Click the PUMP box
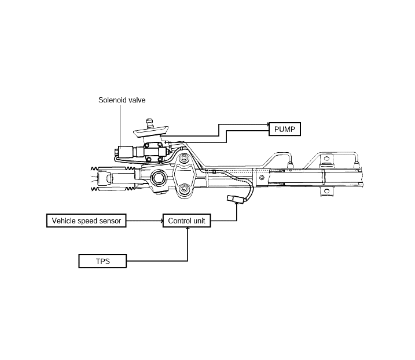click(285, 129)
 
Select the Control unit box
click(186, 221)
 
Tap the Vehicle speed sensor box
click(86, 221)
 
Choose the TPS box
click(102, 261)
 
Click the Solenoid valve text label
click(122, 100)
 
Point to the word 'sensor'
click(109, 221)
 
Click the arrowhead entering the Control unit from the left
click(161, 221)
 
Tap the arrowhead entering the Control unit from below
click(188, 229)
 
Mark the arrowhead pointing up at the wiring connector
click(236, 204)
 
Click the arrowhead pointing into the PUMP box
click(267, 124)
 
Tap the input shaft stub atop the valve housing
click(149, 123)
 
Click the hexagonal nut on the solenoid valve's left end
click(116, 152)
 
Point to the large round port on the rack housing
click(158, 177)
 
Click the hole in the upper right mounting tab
click(326, 159)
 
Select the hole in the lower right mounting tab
click(326, 191)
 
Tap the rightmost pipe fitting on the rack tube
click(356, 164)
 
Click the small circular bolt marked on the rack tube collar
click(262, 178)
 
